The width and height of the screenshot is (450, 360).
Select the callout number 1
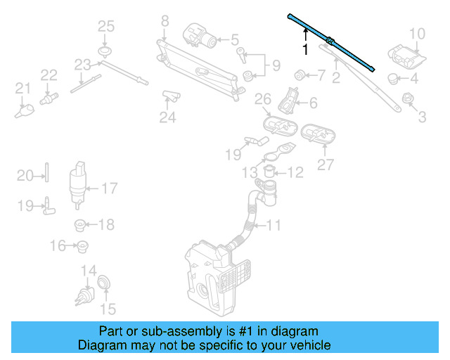[x=304, y=51]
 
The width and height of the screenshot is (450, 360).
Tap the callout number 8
[x=165, y=21]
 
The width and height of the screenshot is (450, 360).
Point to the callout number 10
[x=417, y=33]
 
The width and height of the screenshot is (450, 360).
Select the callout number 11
[x=274, y=226]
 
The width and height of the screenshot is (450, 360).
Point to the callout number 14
[x=89, y=271]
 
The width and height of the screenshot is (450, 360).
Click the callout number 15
[x=108, y=308]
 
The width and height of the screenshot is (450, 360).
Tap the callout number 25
[x=105, y=27]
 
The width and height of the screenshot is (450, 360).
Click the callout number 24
[x=167, y=117]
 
